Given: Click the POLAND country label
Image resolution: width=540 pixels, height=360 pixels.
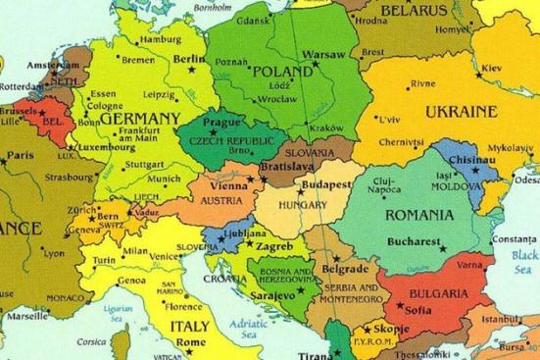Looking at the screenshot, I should point(284,73).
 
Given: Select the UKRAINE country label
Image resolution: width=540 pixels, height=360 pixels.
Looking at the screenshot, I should point(463,111).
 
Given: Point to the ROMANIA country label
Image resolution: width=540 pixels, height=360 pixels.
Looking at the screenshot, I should point(419,214).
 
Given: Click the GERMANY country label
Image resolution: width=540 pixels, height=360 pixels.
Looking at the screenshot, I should point(140,118).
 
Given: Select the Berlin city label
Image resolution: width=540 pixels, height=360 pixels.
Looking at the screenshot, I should point(189,59).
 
